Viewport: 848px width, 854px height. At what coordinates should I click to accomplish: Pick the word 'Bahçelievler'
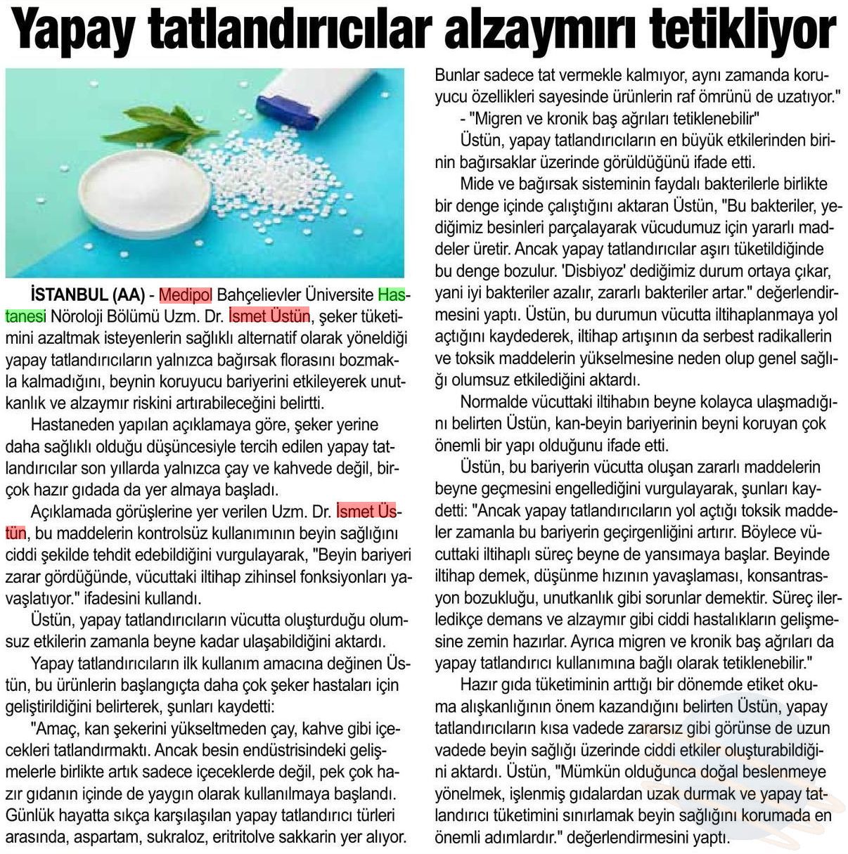(x=257, y=294)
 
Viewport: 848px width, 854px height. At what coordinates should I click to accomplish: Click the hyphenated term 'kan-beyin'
(x=589, y=424)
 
